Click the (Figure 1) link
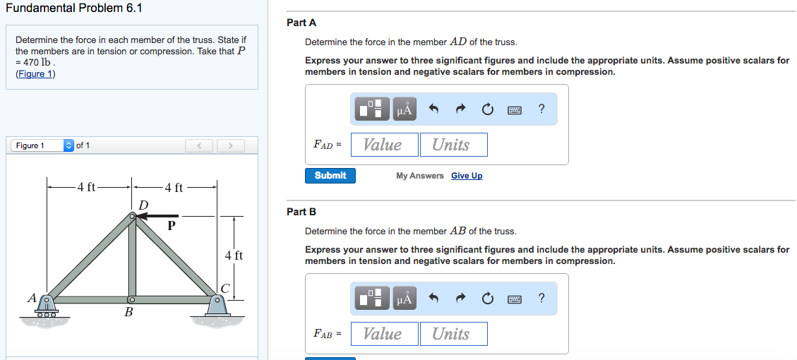[35, 74]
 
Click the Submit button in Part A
[330, 176]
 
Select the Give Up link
[467, 176]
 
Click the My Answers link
[420, 176]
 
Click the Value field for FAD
[384, 145]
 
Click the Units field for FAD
[453, 145]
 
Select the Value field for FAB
[384, 334]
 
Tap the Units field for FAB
[453, 334]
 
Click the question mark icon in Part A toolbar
[541, 109]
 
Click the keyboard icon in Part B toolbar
[514, 299]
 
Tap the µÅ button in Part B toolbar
[404, 299]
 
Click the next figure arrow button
[229, 146]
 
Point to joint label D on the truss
[143, 205]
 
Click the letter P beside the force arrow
[170, 227]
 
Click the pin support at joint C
[217, 304]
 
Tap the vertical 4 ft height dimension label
[233, 256]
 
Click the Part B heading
[301, 212]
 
